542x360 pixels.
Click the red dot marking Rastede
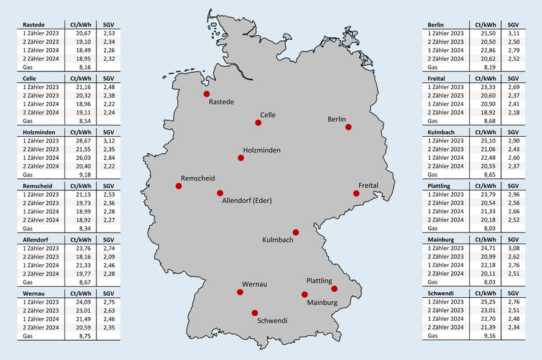206,94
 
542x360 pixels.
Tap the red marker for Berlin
348,127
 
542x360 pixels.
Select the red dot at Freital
356,193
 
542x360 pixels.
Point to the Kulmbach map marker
296,233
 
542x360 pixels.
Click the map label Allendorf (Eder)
247,200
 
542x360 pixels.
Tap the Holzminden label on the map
261,150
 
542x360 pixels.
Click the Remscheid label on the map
199,178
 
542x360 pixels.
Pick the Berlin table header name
436,24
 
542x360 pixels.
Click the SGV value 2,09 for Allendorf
109,256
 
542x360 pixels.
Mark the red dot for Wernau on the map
240,292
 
